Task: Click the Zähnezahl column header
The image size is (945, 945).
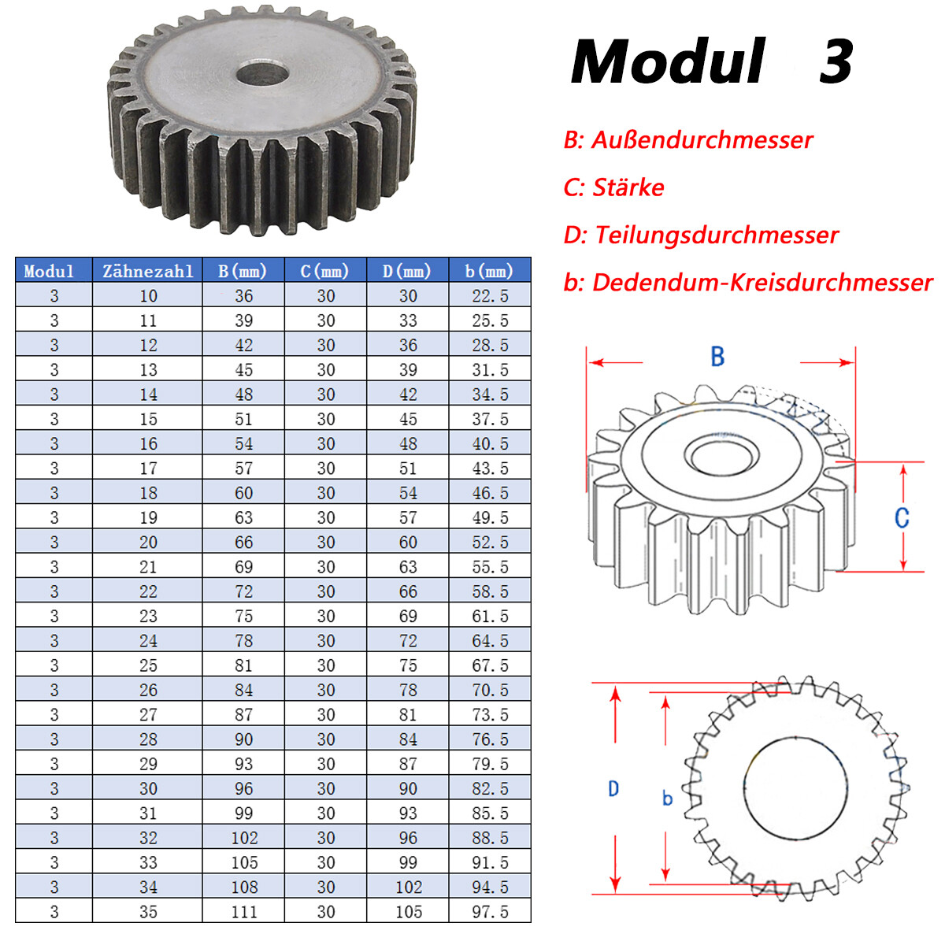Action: pyautogui.click(x=147, y=271)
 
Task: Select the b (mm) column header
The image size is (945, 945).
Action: pyautogui.click(x=488, y=271)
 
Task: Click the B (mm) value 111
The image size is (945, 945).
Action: pyautogui.click(x=243, y=912)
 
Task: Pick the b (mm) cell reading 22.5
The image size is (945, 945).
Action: pyautogui.click(x=490, y=296)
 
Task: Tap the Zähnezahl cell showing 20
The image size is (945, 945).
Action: pyautogui.click(x=148, y=542)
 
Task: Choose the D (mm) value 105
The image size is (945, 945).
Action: pyautogui.click(x=409, y=912)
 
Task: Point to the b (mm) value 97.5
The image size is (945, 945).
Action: pyautogui.click(x=490, y=912)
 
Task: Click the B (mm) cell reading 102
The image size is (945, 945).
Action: pyautogui.click(x=243, y=838)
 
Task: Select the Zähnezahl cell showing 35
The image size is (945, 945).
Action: pyautogui.click(x=148, y=912)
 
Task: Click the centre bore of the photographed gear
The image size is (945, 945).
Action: pyautogui.click(x=262, y=74)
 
